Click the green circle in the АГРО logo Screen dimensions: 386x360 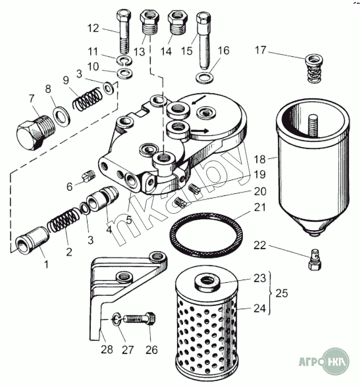click(335, 362)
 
